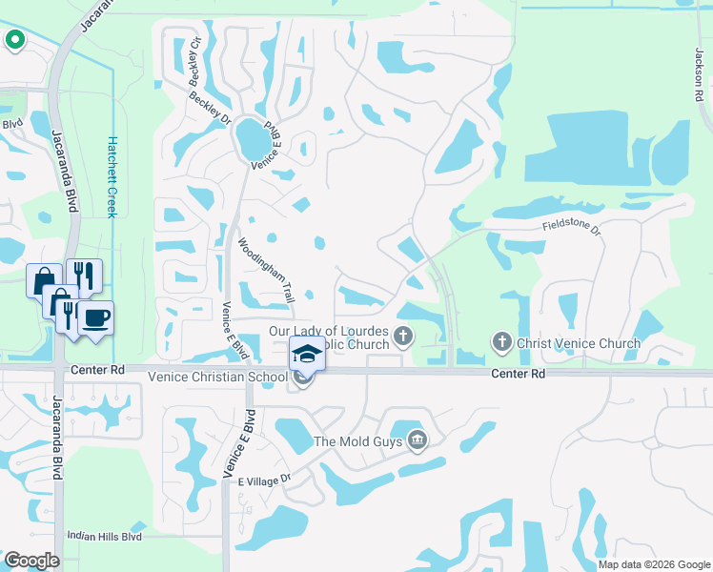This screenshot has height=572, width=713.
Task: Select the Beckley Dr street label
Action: [x=210, y=106]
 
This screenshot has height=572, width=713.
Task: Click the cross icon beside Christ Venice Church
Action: [x=502, y=341]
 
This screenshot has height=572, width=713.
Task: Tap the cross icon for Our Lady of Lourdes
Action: [x=404, y=336]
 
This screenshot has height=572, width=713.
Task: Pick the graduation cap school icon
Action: [x=308, y=355]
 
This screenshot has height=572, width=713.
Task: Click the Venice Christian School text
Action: [x=216, y=378]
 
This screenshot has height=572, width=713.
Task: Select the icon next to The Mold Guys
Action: [x=417, y=440]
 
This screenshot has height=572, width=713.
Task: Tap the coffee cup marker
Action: [x=95, y=317]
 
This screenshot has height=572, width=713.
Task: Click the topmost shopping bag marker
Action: [x=44, y=280]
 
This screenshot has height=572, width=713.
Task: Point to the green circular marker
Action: [x=14, y=40]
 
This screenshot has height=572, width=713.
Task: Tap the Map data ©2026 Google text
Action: [x=654, y=564]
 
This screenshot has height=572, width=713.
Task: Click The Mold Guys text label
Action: [x=358, y=441]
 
